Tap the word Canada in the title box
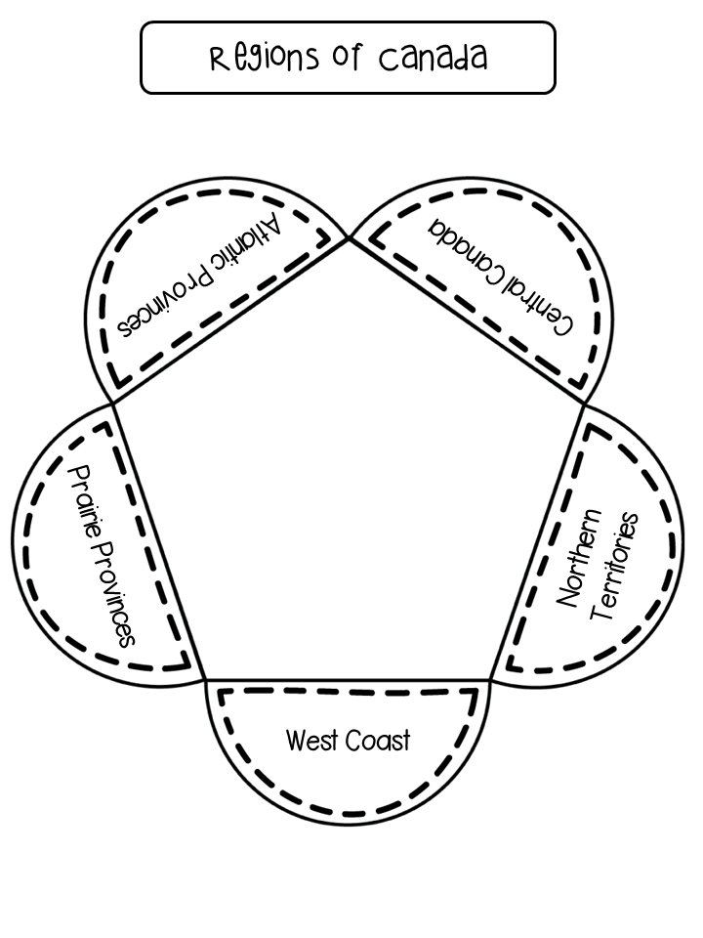click(433, 57)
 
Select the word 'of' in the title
click(348, 57)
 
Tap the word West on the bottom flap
click(312, 740)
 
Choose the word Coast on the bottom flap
click(378, 740)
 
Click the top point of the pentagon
click(350, 237)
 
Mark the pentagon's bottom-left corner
click(206, 680)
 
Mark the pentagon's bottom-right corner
click(490, 680)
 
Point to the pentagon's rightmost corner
click(584, 405)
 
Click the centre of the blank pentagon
click(349, 485)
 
